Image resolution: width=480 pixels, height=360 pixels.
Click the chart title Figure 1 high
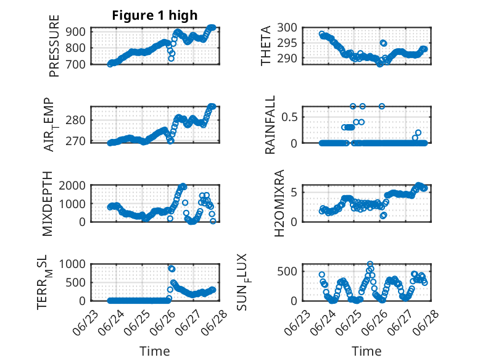tap(154, 15)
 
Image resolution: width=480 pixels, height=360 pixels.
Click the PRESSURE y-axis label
tap(55, 45)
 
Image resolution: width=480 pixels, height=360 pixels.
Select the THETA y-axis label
tap(266, 45)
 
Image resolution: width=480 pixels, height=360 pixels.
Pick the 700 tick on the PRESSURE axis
tap(77, 64)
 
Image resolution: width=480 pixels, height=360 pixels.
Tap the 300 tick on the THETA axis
tap(288, 27)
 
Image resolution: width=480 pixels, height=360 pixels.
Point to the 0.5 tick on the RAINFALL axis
tap(291, 116)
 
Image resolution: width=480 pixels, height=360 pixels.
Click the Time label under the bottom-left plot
tap(155, 351)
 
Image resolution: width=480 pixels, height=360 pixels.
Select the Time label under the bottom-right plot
tap(366, 351)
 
